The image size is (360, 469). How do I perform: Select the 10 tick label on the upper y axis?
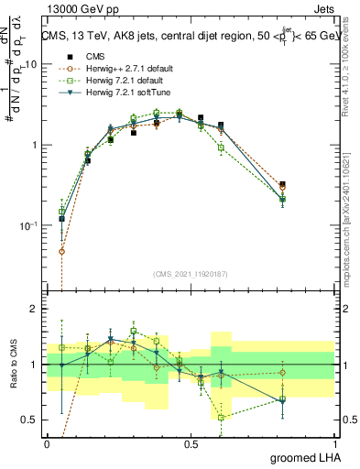pyautogui.click(x=31, y=65)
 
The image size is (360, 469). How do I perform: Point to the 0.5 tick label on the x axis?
pyautogui.click(x=191, y=442)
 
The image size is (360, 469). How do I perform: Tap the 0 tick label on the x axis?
pyautogui.click(x=47, y=442)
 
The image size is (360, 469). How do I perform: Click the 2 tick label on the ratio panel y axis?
pyautogui.click(x=36, y=309)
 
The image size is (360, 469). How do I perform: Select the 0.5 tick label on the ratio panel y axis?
pyautogui.click(x=31, y=420)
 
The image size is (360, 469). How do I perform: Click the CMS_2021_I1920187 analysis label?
pyautogui.click(x=191, y=273)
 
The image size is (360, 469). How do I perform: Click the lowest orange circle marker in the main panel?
pyautogui.click(x=61, y=251)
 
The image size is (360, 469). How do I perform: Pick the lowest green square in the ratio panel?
pyautogui.click(x=221, y=418)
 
